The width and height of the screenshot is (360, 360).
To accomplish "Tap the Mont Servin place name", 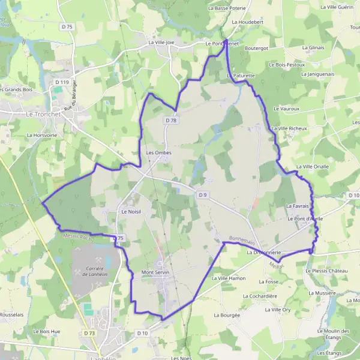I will click(x=155, y=272).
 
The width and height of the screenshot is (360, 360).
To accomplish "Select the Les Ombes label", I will click(x=159, y=152).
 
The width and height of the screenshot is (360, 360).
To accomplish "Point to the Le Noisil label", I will click(x=130, y=211).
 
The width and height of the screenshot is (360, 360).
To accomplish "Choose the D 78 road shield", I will click(x=172, y=121).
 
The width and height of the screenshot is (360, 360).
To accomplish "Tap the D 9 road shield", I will click(x=203, y=194).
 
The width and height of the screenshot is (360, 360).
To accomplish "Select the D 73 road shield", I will click(x=90, y=332).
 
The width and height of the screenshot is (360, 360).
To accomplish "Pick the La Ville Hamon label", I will click(x=229, y=278).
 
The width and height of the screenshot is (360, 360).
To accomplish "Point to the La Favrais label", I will click(x=296, y=206).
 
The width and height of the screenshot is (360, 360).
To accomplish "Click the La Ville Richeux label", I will click(x=289, y=128).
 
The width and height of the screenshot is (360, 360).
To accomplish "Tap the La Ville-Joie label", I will click(x=161, y=43).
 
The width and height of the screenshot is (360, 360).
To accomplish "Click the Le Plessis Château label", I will click(x=326, y=271).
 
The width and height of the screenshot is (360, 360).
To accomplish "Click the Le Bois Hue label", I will click(x=47, y=331).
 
